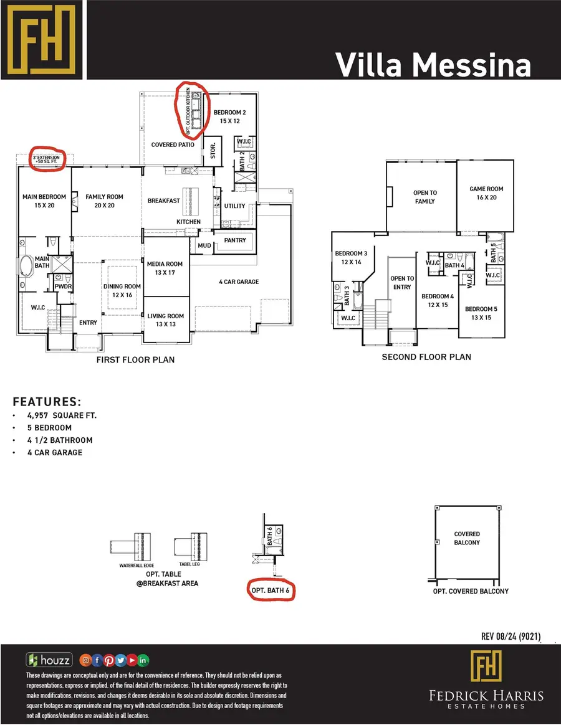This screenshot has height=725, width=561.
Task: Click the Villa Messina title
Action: coord(433,65)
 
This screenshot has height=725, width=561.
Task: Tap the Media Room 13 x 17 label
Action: coord(165,268)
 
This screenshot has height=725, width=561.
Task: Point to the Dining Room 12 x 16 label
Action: coord(122,290)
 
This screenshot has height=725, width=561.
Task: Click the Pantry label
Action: coord(234,240)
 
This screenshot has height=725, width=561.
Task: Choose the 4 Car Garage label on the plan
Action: coord(239,282)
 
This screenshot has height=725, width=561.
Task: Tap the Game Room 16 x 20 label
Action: coord(487,193)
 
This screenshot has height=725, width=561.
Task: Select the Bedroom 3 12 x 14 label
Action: coord(351,258)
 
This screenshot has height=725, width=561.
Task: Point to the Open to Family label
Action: coord(424,197)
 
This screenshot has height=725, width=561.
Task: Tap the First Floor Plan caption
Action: coord(135,360)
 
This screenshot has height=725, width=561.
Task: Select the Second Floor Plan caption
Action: coord(426,358)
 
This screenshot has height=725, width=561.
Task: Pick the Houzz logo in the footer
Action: coord(49,660)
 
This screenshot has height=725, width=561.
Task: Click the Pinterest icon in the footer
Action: coord(109,660)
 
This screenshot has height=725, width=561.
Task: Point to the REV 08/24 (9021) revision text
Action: coord(511,636)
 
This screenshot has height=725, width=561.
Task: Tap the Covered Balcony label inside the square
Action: coord(467,538)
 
